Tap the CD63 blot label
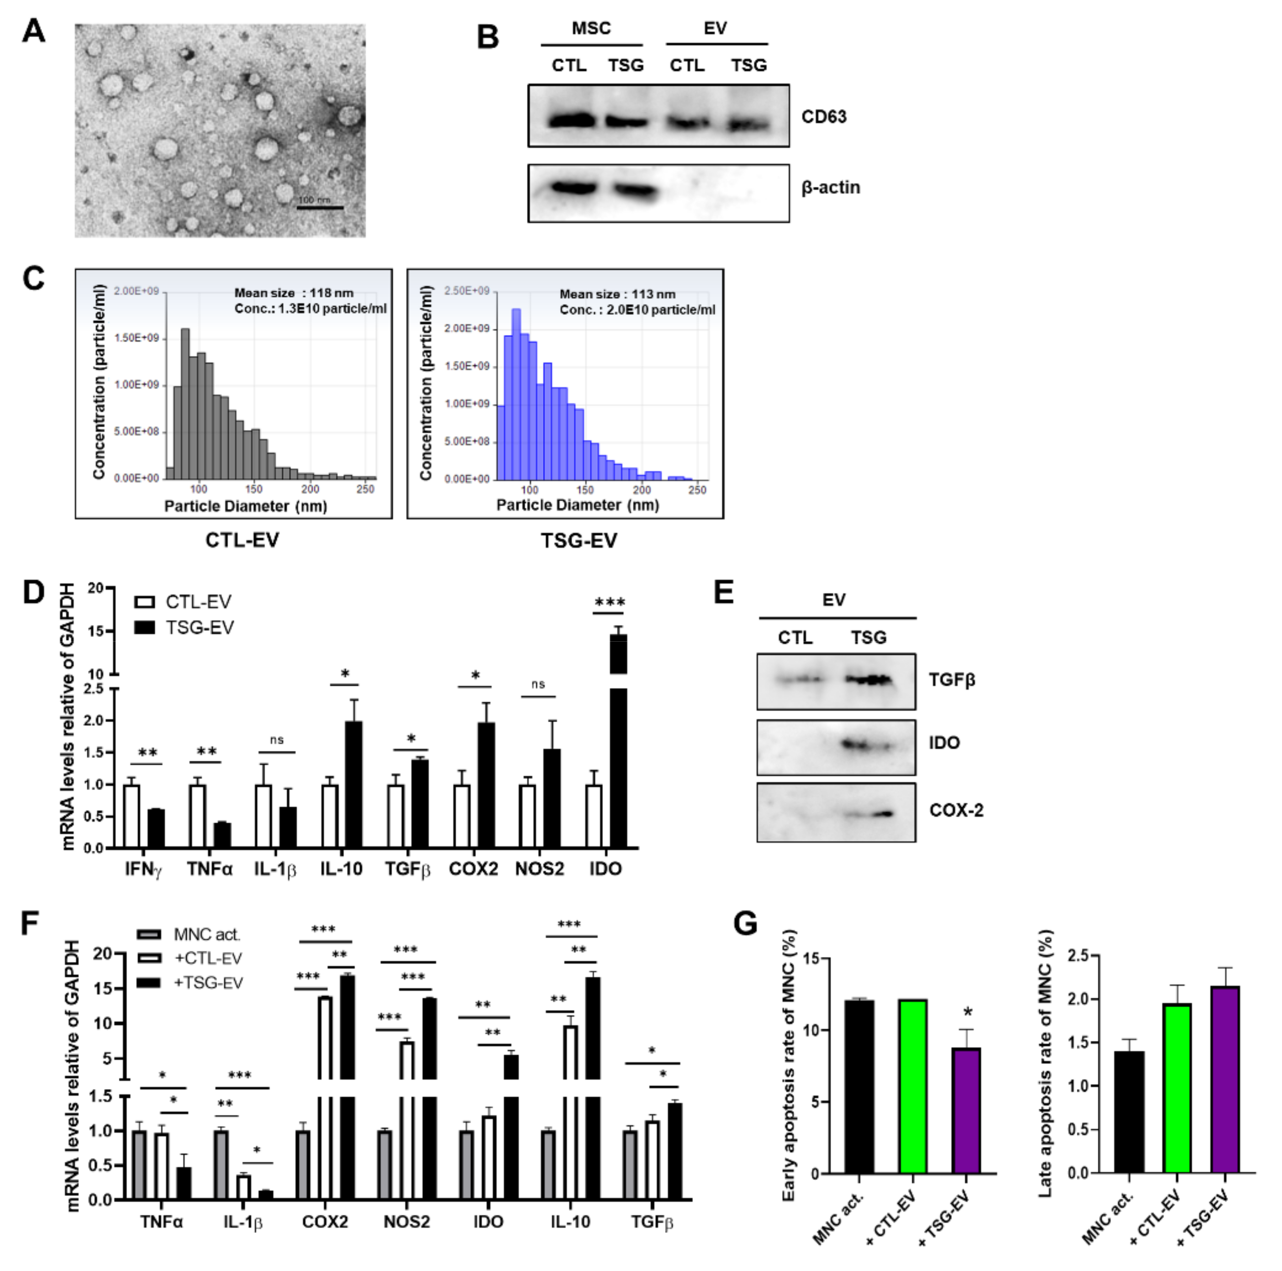click(x=823, y=117)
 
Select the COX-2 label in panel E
click(x=956, y=810)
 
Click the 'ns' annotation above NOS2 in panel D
click(x=538, y=684)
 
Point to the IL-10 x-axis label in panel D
click(x=341, y=869)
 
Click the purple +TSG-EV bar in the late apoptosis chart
click(x=1225, y=1080)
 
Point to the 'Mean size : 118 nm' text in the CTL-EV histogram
click(x=294, y=293)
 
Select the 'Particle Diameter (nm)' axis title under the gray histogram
click(x=245, y=506)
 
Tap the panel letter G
click(x=746, y=923)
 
